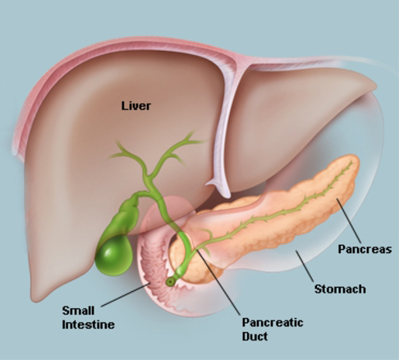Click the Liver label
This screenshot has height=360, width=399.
[x=135, y=106]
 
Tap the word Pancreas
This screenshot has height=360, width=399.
[x=365, y=249]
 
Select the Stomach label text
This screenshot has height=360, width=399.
[x=340, y=289]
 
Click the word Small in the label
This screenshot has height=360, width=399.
[x=78, y=311]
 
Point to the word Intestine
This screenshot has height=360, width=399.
[x=88, y=325]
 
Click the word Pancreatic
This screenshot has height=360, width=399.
[x=273, y=322]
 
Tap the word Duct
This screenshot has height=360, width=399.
[x=255, y=336]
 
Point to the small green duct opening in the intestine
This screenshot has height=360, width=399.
[x=170, y=282]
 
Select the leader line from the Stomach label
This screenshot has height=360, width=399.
[x=305, y=266]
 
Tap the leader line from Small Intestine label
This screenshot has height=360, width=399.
[x=126, y=295]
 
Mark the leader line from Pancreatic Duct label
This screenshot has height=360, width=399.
[x=218, y=282]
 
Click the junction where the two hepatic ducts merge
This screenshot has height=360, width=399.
[x=149, y=176]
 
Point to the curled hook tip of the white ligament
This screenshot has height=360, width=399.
[x=210, y=183]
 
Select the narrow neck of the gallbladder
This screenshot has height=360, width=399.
[x=136, y=198]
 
